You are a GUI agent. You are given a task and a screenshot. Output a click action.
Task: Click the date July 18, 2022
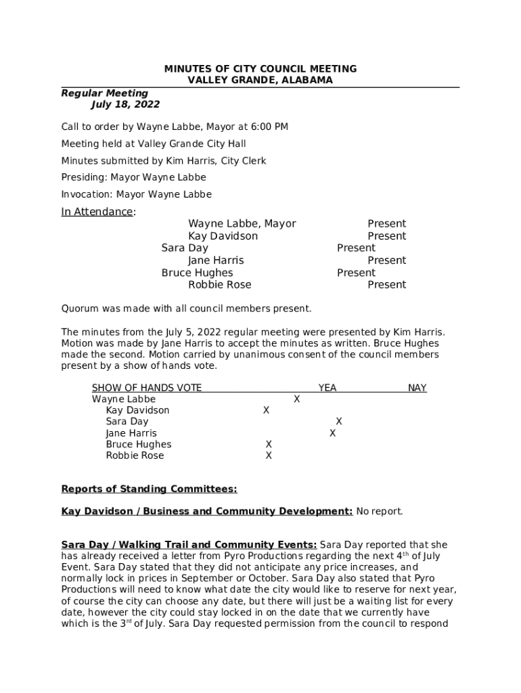[125, 105]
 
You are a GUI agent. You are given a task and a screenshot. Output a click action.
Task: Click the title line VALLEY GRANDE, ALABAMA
[260, 80]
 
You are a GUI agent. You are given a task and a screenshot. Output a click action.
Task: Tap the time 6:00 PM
[270, 127]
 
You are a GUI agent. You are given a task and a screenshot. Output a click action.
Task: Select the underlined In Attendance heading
[97, 212]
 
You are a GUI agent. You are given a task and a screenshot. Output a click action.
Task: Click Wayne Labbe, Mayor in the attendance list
[242, 224]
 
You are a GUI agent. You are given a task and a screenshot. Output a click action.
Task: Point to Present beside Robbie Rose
[386, 285]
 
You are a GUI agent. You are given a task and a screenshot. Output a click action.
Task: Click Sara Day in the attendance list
[185, 248]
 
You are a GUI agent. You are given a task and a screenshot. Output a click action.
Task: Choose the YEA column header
[327, 388]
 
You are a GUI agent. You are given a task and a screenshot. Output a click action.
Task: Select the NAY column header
[417, 388]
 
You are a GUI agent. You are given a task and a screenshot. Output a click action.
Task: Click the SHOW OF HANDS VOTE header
[147, 388]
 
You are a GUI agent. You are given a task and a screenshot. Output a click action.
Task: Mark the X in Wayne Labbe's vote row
[296, 399]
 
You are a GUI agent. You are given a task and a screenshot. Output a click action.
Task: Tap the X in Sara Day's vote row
[339, 422]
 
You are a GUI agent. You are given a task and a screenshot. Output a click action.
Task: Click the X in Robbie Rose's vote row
[269, 456]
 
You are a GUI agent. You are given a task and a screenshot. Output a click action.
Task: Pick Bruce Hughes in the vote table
[139, 445]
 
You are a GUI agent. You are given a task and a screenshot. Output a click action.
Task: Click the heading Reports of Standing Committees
[149, 489]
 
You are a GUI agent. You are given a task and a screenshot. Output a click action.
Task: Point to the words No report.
[380, 512]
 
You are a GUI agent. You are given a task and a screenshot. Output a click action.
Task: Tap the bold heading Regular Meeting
[105, 93]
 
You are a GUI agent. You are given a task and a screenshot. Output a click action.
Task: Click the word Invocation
[84, 194]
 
